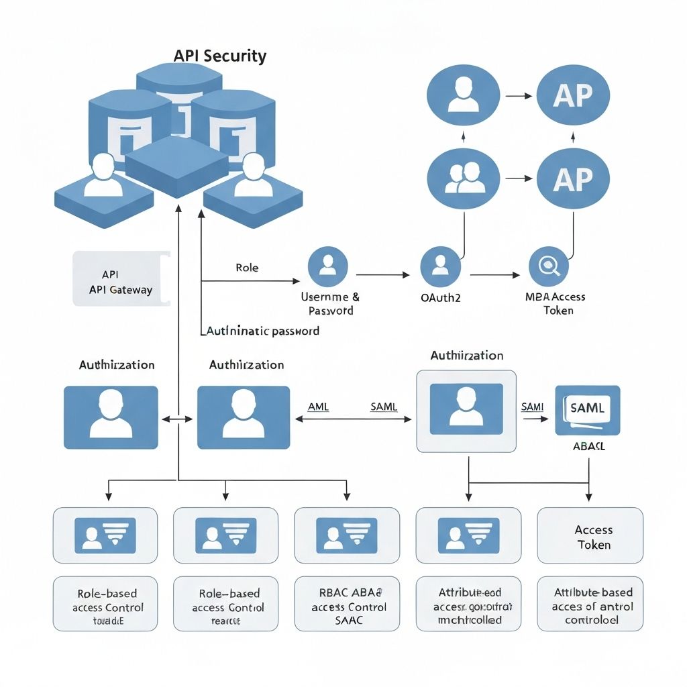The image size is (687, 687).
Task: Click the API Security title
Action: click(219, 56)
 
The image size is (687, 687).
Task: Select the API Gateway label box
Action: click(121, 278)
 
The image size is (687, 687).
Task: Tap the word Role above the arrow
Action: click(247, 268)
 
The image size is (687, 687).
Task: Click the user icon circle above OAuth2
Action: click(441, 266)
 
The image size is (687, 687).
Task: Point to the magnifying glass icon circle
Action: click(548, 266)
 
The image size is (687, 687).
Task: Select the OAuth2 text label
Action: click(439, 298)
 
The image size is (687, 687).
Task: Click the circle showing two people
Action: click(464, 177)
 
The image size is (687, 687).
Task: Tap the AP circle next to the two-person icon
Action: click(573, 178)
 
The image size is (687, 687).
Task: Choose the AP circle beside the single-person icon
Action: click(573, 95)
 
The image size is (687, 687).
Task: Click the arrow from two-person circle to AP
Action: click(518, 178)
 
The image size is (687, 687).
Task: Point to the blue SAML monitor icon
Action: click(588, 410)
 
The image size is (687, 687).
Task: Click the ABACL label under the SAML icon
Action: click(588, 447)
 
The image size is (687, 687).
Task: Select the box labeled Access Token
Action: click(590, 535)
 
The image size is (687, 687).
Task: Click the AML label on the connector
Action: click(318, 407)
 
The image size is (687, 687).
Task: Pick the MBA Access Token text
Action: click(555, 303)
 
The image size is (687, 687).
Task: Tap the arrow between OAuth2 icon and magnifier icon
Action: click(494, 275)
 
